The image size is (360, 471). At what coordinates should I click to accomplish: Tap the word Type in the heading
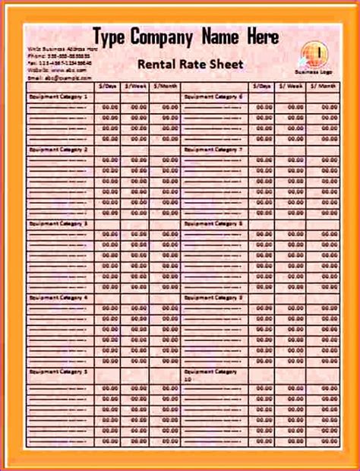[x=109, y=36]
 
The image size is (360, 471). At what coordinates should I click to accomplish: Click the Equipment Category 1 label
[x=58, y=97]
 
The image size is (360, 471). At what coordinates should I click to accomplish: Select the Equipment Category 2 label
[x=58, y=150]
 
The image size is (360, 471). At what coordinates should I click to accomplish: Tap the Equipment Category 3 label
[x=58, y=223]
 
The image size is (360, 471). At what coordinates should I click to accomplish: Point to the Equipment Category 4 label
[x=58, y=297]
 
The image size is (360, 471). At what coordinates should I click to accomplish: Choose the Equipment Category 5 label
[x=58, y=371]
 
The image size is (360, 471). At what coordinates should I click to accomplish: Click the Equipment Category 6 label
[x=213, y=97]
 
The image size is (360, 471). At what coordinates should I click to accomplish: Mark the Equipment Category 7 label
[x=213, y=150]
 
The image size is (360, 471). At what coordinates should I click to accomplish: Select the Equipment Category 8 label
[x=213, y=223]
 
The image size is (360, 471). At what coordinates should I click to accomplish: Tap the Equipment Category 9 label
[x=213, y=297]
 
